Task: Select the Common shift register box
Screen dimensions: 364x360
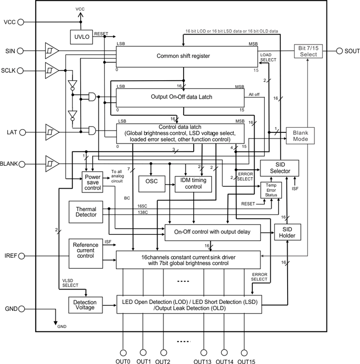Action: click(187, 56)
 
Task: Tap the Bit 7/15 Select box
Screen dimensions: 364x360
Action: click(308, 51)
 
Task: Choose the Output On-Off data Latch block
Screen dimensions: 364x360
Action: click(181, 97)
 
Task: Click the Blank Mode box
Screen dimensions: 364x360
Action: click(301, 136)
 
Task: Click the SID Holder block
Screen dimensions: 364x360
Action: click(287, 232)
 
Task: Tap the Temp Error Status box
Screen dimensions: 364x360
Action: click(271, 190)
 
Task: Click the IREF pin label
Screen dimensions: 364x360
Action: click(10, 255)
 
